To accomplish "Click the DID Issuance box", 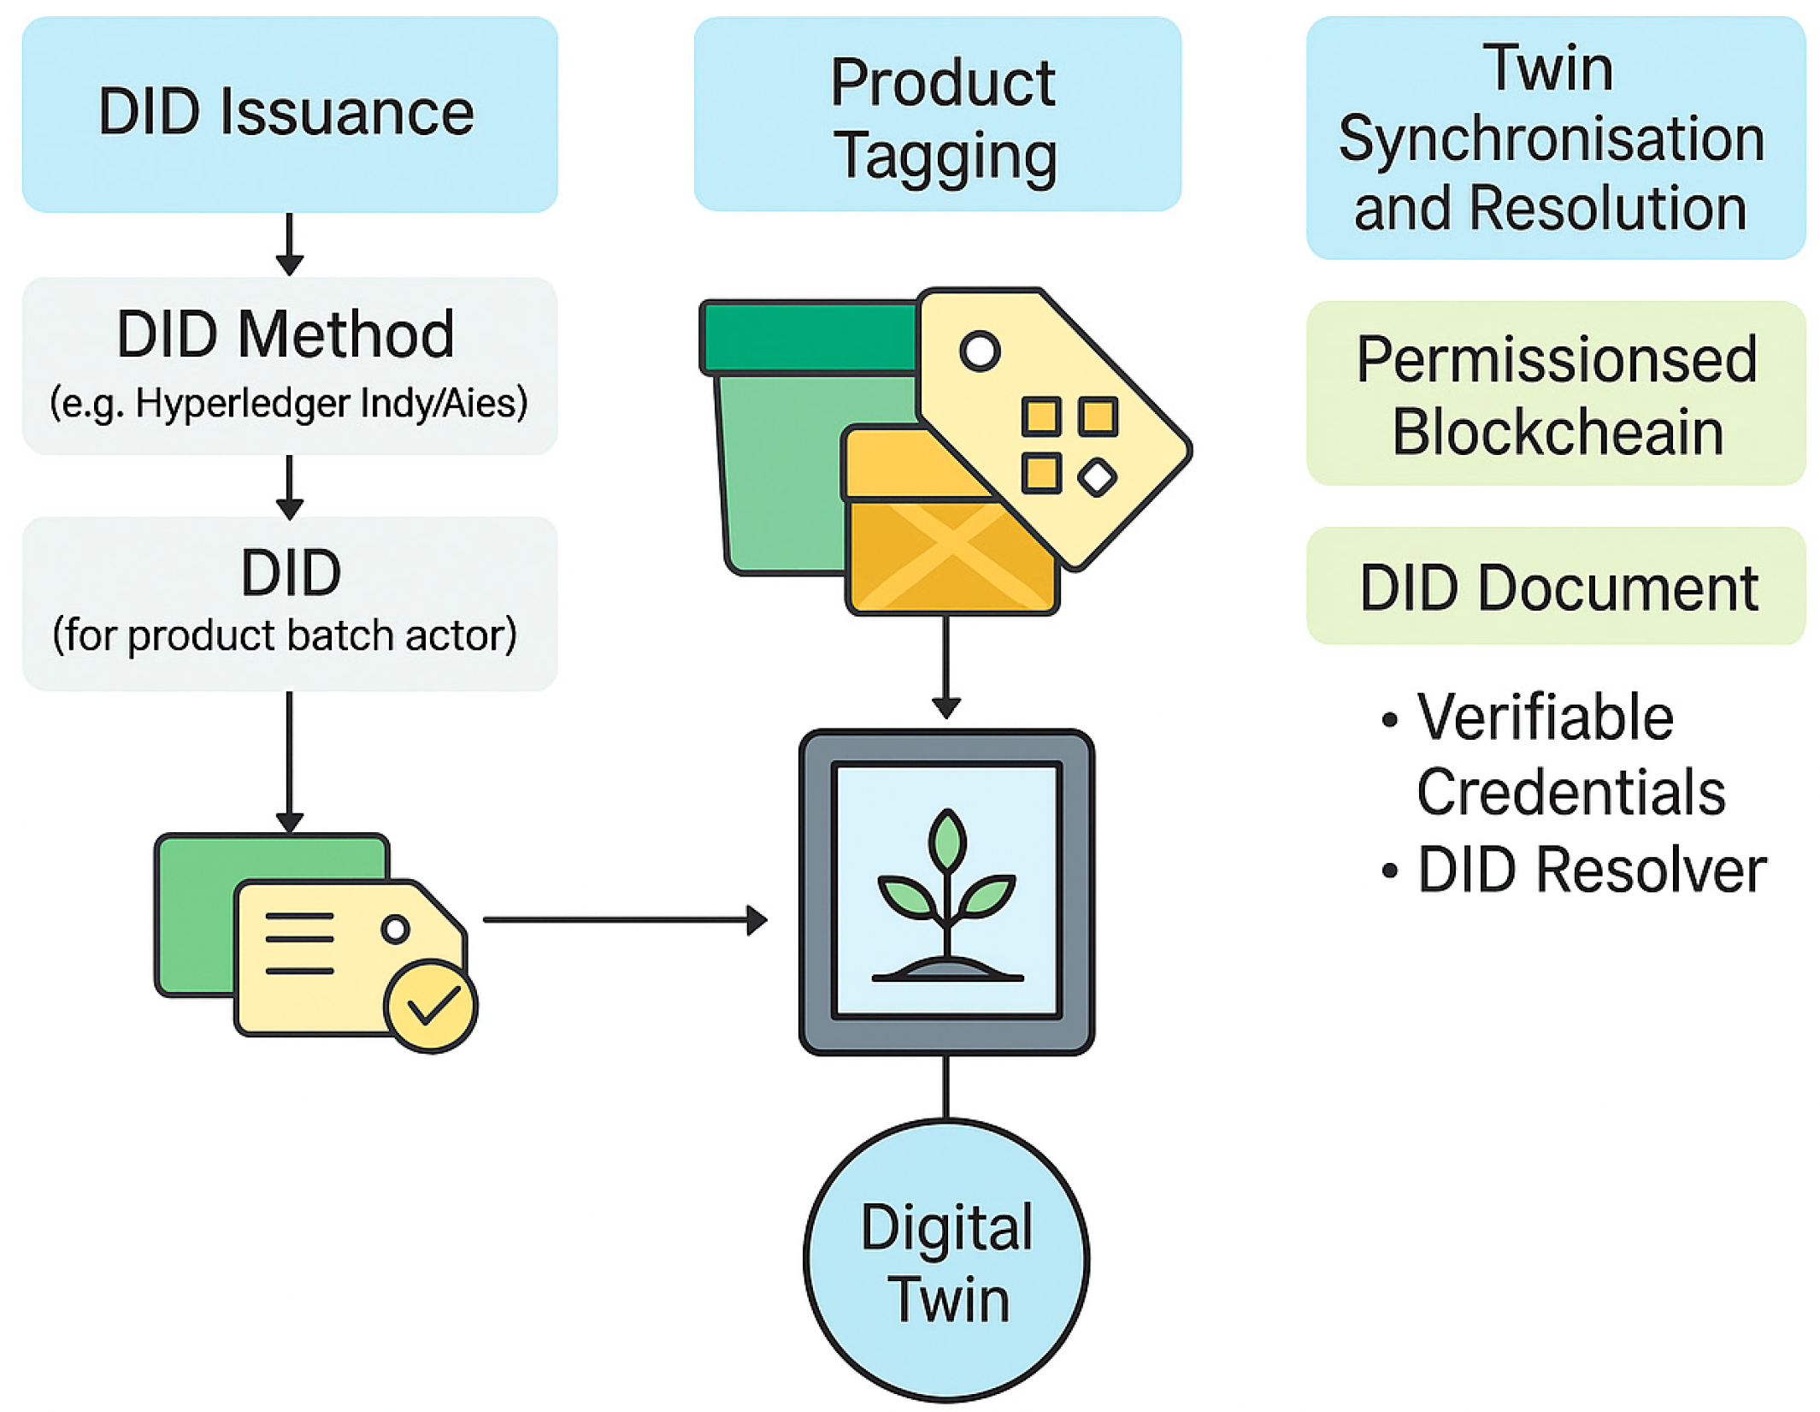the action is (290, 115).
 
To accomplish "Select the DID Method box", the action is (290, 366).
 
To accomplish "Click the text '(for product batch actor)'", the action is (285, 635).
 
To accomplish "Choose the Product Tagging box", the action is (938, 115).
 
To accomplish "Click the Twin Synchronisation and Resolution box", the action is (1556, 138).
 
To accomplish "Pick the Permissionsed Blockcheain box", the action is (1556, 393).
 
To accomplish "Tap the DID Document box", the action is (1556, 586).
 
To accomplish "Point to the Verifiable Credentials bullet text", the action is (1570, 754).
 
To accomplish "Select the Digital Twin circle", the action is (946, 1261).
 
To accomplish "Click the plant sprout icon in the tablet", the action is (947, 895).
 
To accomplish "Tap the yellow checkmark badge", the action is (431, 1006).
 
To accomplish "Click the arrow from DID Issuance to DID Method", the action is (290, 245).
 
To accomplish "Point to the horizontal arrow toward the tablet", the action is (626, 920).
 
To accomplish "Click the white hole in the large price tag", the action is (980, 351).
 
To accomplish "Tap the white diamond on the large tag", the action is (1098, 477).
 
